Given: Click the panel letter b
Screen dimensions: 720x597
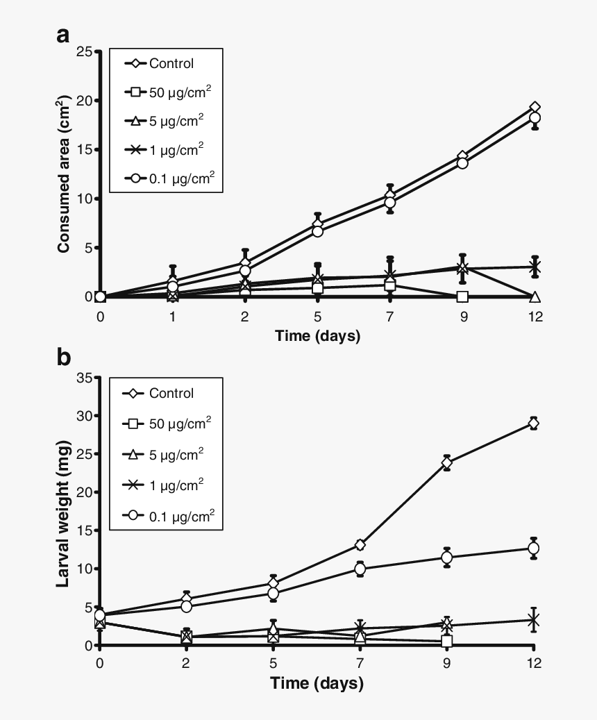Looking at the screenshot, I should pyautogui.click(x=64, y=358).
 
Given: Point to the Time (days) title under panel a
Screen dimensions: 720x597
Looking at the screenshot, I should pyautogui.click(x=317, y=337).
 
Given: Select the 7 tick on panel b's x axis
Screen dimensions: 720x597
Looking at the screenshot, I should pyautogui.click(x=360, y=662).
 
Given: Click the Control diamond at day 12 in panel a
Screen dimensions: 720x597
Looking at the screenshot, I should pyautogui.click(x=535, y=108).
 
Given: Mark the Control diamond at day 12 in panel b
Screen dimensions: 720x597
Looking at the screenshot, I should pyautogui.click(x=534, y=424).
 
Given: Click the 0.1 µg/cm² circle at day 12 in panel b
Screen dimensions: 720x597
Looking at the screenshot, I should pyautogui.click(x=534, y=549).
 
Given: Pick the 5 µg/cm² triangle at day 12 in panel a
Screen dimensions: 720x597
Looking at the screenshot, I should pyautogui.click(x=535, y=296).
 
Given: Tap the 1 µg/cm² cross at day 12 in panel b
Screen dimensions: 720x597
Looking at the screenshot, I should pyautogui.click(x=534, y=619).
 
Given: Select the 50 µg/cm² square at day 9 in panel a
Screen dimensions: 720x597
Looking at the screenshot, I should pyautogui.click(x=462, y=296).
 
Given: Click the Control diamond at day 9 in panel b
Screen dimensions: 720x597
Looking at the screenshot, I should pyautogui.click(x=447, y=462).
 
